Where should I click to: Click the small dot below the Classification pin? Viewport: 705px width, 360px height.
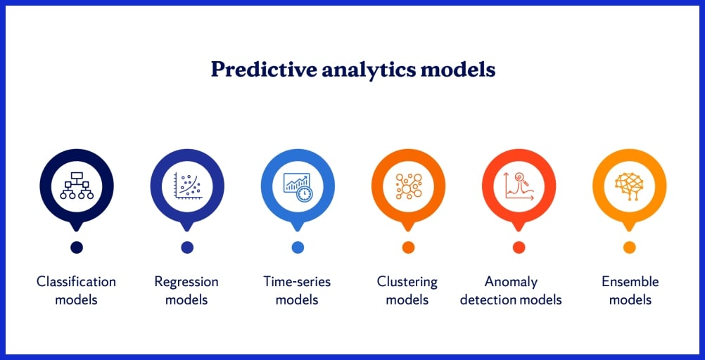pos(77,247)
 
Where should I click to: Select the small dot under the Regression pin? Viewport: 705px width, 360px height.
pos(187,247)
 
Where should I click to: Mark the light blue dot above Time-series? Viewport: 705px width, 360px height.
pos(298,247)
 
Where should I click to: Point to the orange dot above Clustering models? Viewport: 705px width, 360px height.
pos(408,247)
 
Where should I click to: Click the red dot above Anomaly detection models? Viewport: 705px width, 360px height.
pos(519,247)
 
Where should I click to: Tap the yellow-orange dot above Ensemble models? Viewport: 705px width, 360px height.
pos(630,247)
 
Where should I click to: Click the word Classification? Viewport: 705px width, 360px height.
pos(77,282)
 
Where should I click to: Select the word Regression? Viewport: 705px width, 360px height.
pos(186,283)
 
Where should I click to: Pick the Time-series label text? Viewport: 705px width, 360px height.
pos(297,282)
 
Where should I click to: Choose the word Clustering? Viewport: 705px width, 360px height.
pos(407,283)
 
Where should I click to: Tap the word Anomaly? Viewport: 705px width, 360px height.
pos(512,283)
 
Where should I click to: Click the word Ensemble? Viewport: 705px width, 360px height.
pos(630,282)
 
